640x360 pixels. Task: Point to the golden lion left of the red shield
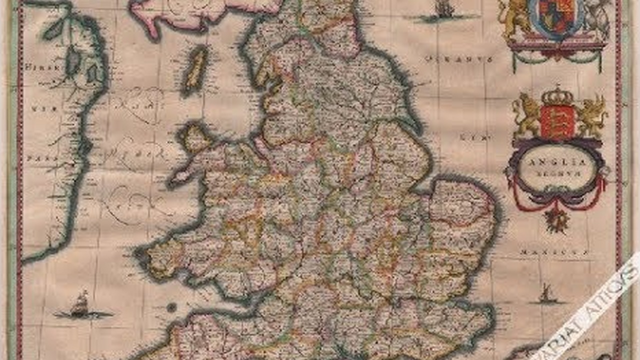point(526,115)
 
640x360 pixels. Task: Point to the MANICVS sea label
point(552,253)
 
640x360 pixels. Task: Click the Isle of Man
point(196,69)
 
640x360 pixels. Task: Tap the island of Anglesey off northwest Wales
point(194,136)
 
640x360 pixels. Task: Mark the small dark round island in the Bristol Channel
point(171,306)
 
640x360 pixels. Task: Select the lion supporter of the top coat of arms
point(515,20)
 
